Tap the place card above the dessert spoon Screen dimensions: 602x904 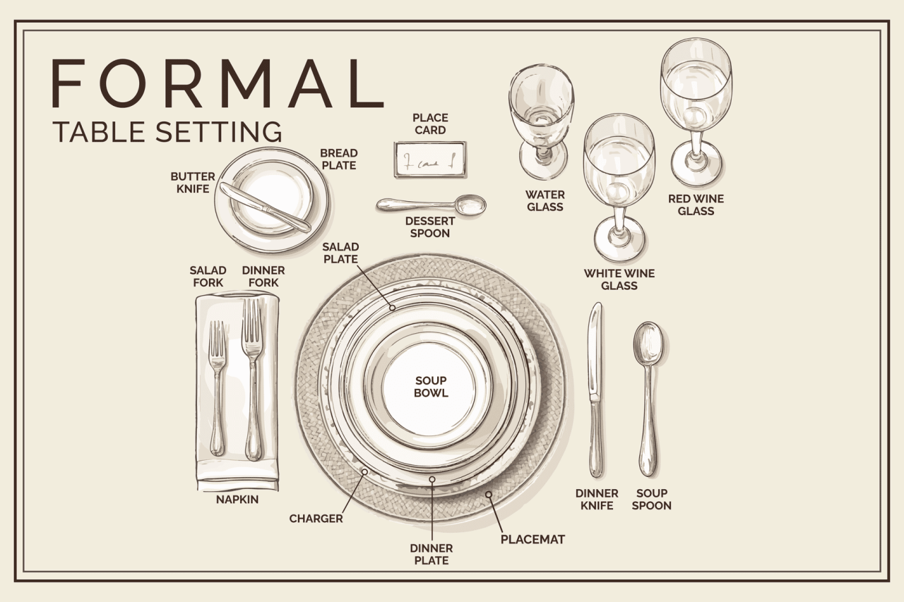[x=430, y=159]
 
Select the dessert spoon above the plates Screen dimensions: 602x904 [x=431, y=205]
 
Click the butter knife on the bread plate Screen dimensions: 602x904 [x=265, y=207]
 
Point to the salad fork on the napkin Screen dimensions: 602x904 [x=218, y=388]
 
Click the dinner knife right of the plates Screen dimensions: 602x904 [x=596, y=388]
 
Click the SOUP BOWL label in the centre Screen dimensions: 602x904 [x=431, y=387]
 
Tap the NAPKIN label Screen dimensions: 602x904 [x=237, y=500]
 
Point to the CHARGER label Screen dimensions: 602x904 [x=316, y=519]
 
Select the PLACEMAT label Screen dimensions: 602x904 [x=533, y=540]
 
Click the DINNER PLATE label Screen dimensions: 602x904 [x=431, y=554]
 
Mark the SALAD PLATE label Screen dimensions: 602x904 [x=340, y=253]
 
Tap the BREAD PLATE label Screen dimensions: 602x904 [x=339, y=159]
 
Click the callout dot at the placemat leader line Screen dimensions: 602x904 [x=488, y=495]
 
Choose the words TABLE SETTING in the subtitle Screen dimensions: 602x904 [x=167, y=132]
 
